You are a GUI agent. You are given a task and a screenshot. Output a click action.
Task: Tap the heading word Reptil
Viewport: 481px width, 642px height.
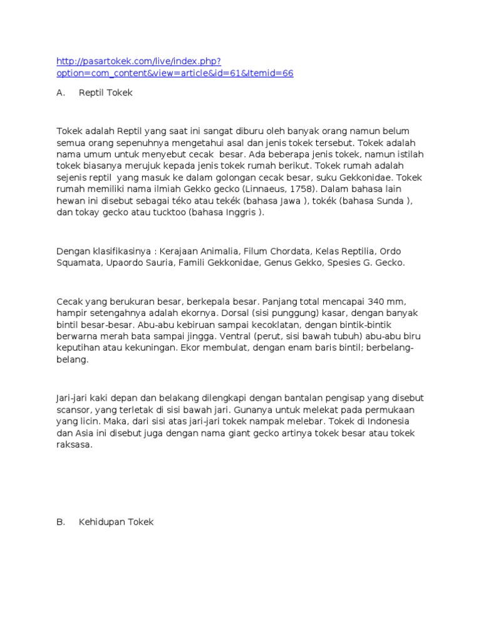tap(93, 93)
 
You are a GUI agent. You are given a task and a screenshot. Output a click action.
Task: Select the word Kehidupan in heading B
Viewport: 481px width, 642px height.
tap(101, 522)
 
